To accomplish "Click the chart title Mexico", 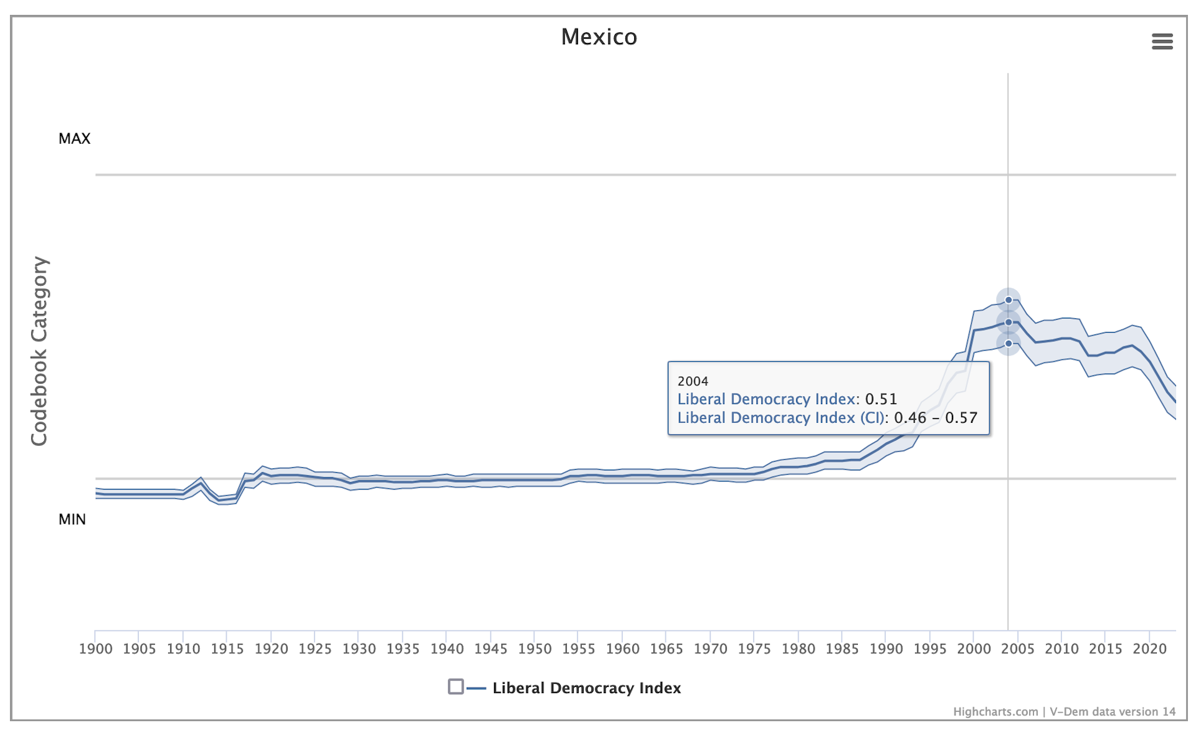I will pos(599,37).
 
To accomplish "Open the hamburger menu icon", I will pos(1162,42).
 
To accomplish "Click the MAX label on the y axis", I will pos(74,138).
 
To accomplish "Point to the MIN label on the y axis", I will pos(72,519).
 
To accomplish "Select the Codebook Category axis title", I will pos(39,351).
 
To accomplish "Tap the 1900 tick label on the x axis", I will pos(96,649).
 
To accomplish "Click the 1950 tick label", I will pos(535,649).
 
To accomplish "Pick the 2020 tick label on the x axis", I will pos(1149,649).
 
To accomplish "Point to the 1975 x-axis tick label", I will pos(754,649).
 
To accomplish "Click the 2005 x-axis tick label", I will pos(1018,649).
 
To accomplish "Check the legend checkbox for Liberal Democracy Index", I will pos(456,687).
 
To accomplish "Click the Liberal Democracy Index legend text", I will pos(586,688).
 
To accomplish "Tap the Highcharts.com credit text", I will pos(995,712).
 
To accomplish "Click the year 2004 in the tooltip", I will pos(693,381).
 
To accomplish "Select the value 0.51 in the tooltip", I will pos(881,399).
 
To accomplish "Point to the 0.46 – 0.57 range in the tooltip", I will pos(936,418).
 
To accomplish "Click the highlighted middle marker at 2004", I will pos(1009,323).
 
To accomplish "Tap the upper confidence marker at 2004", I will pos(1009,300).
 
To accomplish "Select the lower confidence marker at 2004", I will pos(1009,344).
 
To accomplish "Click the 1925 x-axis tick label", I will pos(315,649).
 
